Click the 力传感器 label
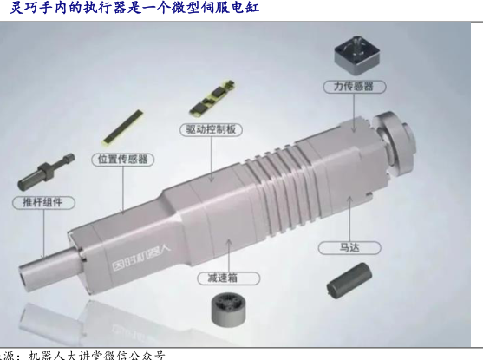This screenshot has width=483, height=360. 355,87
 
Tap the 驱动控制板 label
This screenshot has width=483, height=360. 211,129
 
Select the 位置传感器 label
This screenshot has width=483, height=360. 123,160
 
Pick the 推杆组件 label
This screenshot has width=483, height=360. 43,202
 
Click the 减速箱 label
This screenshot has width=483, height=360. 228,278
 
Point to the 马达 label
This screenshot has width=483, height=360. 349,248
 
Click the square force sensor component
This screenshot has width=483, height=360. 357,56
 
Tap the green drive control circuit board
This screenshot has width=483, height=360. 212,98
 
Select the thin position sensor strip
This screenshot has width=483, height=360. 123,127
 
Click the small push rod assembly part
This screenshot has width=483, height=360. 46,172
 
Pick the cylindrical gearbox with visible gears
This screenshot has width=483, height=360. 229,309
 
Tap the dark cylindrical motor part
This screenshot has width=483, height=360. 349,280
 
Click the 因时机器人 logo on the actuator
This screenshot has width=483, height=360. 140,258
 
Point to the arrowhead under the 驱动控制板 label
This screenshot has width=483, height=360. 212,179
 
